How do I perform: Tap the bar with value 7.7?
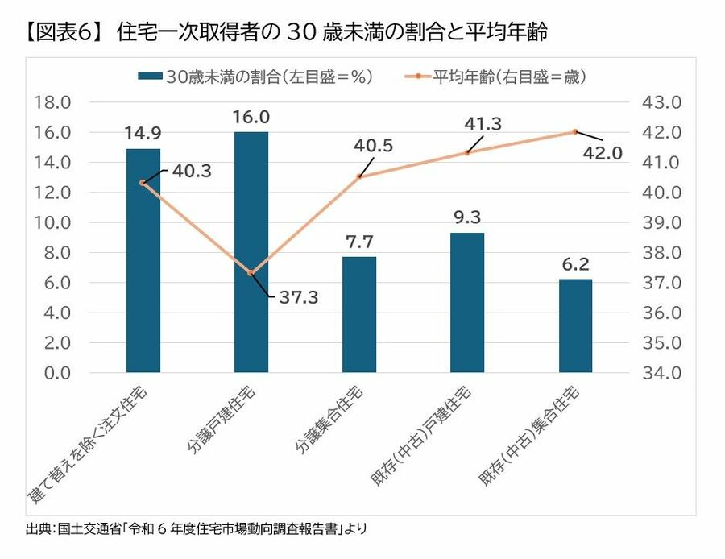[x=359, y=314]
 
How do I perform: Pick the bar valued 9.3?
[x=467, y=302]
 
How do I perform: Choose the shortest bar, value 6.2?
[x=575, y=325]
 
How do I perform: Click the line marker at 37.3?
[x=251, y=273]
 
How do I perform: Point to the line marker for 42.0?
[x=575, y=132]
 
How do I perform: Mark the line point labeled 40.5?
[x=359, y=176]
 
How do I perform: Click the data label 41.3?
[x=483, y=123]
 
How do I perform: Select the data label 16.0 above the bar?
[x=251, y=117]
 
